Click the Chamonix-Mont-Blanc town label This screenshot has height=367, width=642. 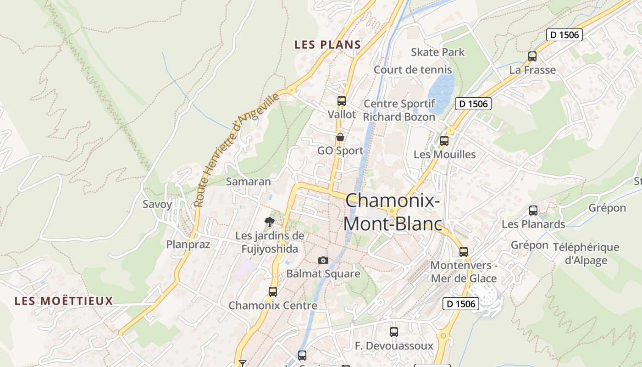[x=393, y=212]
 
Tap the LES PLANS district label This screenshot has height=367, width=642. [x=327, y=44]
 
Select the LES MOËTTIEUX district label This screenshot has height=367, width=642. [x=64, y=301]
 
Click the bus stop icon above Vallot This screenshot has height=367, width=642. [x=341, y=101]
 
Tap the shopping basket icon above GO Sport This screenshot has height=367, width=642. [x=340, y=137]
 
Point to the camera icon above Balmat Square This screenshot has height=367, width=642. [x=323, y=261]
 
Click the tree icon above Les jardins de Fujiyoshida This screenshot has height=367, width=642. [x=270, y=222]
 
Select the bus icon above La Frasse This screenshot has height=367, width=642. [x=532, y=56]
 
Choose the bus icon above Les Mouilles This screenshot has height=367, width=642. [x=444, y=141]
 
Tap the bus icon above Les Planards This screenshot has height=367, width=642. [x=533, y=211]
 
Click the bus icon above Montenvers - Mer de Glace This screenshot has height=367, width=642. [x=464, y=252]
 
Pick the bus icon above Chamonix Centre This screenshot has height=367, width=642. [x=273, y=292]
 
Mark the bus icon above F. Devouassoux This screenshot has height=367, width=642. [x=394, y=332]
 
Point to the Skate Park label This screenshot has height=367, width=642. [x=437, y=52]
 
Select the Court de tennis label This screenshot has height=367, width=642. [x=413, y=70]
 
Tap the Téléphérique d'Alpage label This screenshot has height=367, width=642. [x=586, y=254]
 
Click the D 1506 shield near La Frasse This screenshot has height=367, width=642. [x=565, y=34]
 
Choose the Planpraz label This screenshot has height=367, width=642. [x=188, y=245]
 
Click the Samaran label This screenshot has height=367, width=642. [x=249, y=182]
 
